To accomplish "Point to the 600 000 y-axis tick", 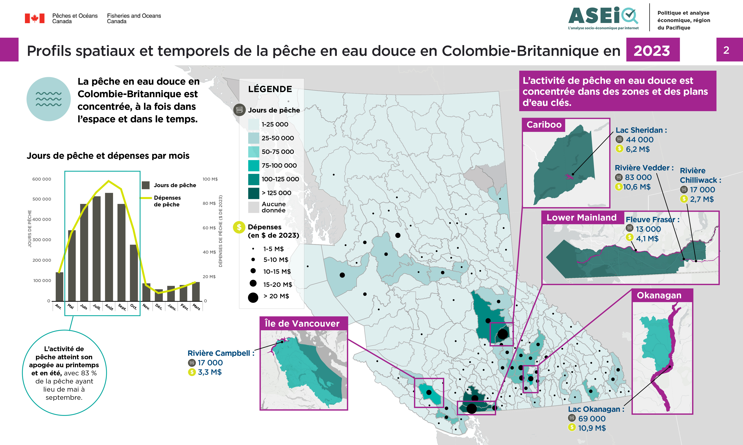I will click(x=42, y=179).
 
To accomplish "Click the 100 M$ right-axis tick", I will click(x=210, y=179).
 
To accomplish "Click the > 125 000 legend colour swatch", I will click(x=254, y=193).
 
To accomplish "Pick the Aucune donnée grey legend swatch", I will click(x=254, y=207).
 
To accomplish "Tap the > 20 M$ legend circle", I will click(x=253, y=297).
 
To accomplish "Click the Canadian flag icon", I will click(x=34, y=18).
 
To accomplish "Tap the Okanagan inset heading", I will click(x=659, y=295).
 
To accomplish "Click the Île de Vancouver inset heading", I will click(x=302, y=324).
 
